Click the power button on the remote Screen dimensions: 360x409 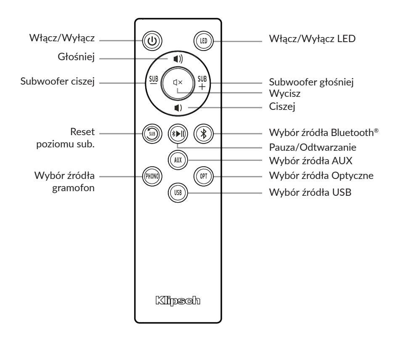[x=151, y=41]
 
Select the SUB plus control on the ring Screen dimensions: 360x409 [x=203, y=83]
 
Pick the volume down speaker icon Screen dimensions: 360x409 [x=177, y=108]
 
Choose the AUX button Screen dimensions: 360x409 [x=178, y=160]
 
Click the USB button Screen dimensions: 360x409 [x=178, y=192]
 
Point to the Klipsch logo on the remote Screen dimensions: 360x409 [x=177, y=301]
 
